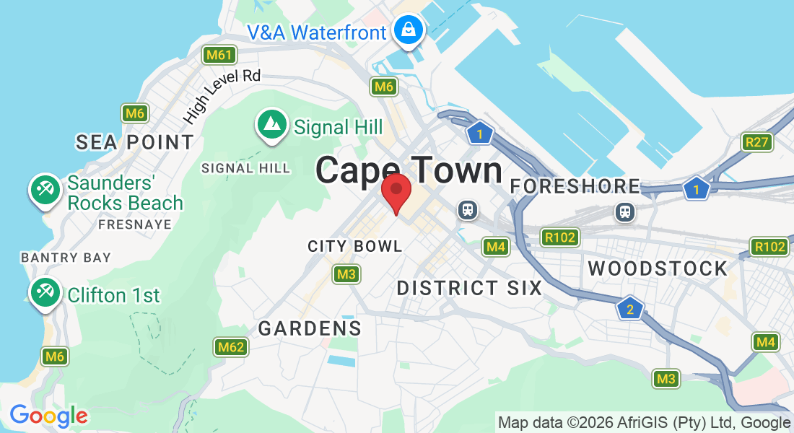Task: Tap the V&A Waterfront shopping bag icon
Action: [x=409, y=30]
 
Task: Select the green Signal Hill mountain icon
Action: [x=272, y=126]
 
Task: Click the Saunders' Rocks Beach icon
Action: [x=45, y=191]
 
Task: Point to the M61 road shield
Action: [x=219, y=55]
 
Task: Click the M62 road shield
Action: [x=231, y=347]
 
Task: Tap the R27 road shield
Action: [x=756, y=142]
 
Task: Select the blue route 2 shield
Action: [x=630, y=309]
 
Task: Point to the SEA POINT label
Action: [x=135, y=142]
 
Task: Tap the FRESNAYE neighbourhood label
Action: [x=135, y=224]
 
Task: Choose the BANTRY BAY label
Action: [x=66, y=258]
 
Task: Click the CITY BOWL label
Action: [x=355, y=246]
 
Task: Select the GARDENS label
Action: [x=310, y=328]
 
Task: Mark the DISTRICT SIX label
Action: [x=469, y=288]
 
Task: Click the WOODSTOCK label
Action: [x=658, y=268]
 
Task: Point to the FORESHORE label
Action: [x=575, y=186]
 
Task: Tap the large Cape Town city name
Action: [x=409, y=171]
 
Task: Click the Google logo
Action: [x=48, y=416]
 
